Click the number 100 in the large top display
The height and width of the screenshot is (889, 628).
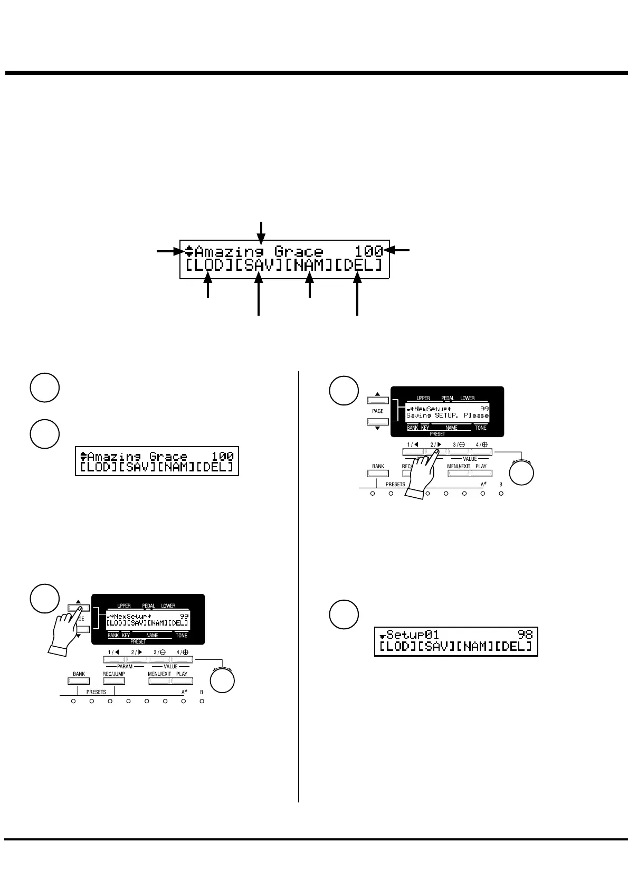click(x=368, y=251)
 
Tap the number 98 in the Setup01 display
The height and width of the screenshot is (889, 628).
click(x=525, y=634)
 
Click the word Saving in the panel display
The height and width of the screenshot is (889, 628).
click(x=418, y=415)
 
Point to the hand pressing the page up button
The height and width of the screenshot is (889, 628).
click(x=63, y=628)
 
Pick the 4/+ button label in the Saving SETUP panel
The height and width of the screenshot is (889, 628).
click(x=481, y=445)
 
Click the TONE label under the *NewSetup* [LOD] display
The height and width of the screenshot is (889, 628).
click(x=181, y=636)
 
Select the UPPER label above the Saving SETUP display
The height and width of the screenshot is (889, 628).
click(x=423, y=398)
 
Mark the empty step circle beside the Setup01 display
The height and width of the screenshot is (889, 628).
click(x=344, y=614)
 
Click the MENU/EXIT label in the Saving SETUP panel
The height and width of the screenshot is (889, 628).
click(x=458, y=467)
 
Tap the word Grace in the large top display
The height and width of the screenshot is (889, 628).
click(x=298, y=251)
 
